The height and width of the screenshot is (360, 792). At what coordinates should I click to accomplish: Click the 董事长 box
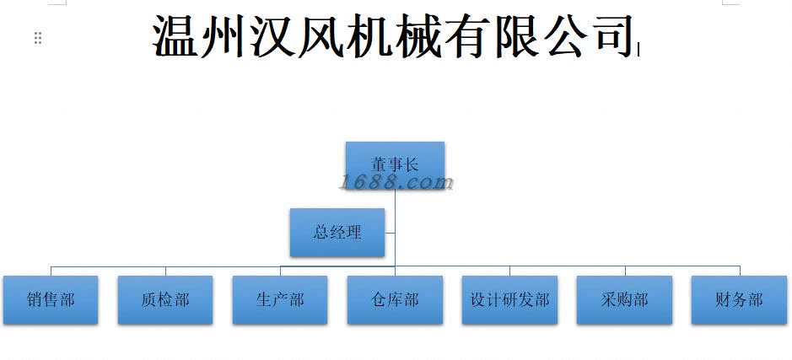pos(395,164)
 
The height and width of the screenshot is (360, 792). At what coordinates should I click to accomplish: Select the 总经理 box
pos(337,232)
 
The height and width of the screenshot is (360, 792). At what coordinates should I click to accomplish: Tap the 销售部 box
pos(51,299)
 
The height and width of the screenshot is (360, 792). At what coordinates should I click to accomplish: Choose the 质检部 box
pos(165,299)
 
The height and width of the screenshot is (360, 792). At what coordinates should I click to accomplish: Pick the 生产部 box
pos(280,299)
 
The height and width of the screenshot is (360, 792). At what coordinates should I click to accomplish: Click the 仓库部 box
pos(395,299)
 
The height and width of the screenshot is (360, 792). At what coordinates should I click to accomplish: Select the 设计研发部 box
pos(509,299)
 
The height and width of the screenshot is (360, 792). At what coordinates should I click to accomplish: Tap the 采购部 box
pos(624,299)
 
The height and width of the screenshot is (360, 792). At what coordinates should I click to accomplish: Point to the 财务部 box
pos(739,299)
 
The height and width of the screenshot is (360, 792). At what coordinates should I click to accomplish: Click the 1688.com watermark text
pos(396,182)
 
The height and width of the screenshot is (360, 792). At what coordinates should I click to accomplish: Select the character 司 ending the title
pos(609,36)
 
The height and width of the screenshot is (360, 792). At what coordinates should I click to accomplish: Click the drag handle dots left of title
pos(38,38)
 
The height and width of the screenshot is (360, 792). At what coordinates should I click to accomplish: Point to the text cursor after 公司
pos(638,49)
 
